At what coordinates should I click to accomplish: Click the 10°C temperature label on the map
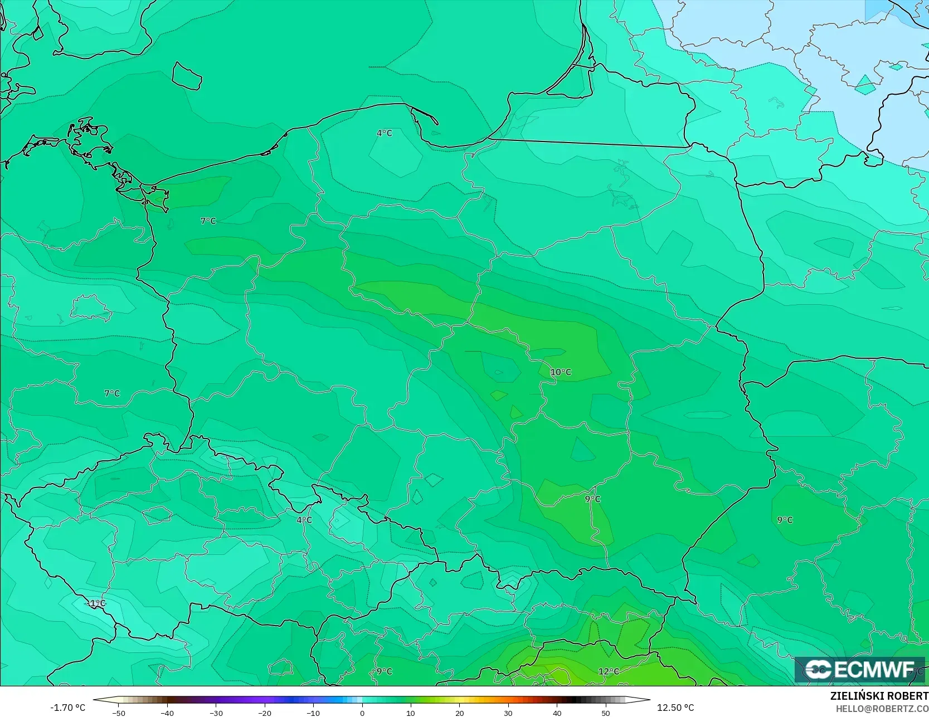561,372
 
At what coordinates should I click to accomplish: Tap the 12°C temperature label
608,671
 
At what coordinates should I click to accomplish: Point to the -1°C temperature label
95,603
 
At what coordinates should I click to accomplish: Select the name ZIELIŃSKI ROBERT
879,696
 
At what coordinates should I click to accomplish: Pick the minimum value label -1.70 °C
68,708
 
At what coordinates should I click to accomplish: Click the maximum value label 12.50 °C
675,708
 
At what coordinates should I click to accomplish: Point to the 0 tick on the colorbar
362,713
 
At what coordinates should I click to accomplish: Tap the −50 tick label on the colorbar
118,713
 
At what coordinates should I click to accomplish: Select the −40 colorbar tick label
167,713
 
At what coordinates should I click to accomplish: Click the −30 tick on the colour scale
216,713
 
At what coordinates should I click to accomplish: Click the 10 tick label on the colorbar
411,713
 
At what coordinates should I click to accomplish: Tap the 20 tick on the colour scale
459,713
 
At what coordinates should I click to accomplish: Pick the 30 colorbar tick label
508,713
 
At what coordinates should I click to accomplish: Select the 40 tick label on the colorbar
557,713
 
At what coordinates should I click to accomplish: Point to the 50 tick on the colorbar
606,713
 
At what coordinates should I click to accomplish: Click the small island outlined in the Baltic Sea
186,76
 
